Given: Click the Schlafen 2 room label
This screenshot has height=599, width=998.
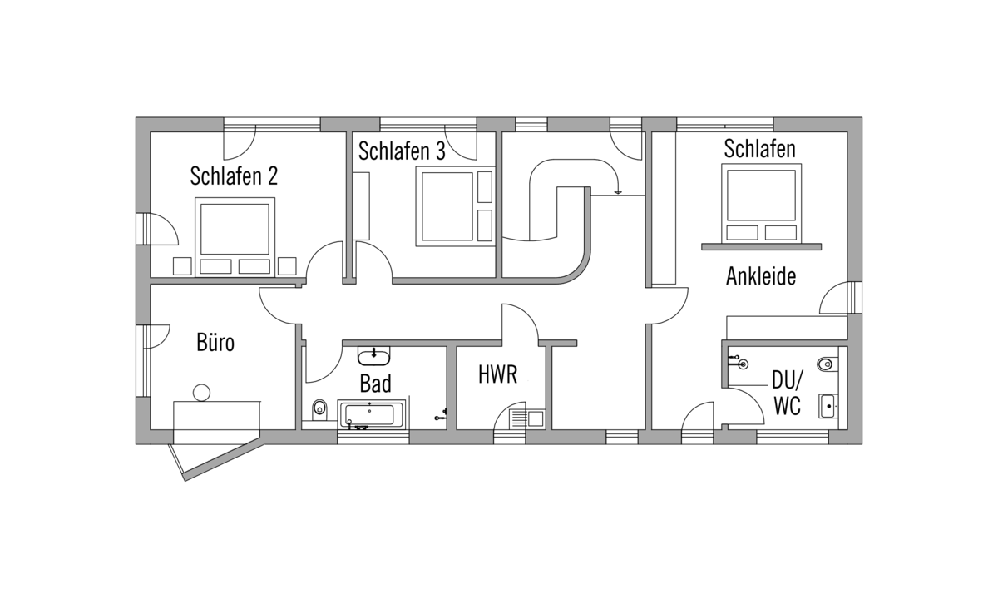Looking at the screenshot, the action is point(234,176).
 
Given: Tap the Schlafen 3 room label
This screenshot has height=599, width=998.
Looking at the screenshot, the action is point(402,151).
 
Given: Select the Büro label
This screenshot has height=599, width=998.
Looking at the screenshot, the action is point(215,342).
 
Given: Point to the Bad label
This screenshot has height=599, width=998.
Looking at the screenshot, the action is point(376,384).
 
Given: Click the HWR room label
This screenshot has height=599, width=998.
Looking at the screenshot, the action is point(497,374).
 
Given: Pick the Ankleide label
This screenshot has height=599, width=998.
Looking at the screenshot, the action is point(761,276).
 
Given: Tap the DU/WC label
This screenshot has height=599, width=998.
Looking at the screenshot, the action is point(788,393).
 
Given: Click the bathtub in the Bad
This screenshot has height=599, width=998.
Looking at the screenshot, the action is point(371,414).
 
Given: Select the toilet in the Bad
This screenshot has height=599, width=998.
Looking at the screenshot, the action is point(319,409).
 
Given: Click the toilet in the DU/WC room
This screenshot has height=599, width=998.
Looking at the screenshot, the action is point(828,364).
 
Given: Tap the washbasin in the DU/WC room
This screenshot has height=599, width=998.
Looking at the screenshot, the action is point(828,406).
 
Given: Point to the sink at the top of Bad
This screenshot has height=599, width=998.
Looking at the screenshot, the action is point(373,355).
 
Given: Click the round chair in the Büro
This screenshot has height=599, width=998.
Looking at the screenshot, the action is point(201,393).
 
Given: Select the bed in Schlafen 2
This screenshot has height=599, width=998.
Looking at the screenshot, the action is point(235,236).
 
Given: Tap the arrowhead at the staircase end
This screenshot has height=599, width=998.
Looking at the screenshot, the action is point(617,192).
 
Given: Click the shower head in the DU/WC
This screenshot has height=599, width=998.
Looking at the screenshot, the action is point(742,364).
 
